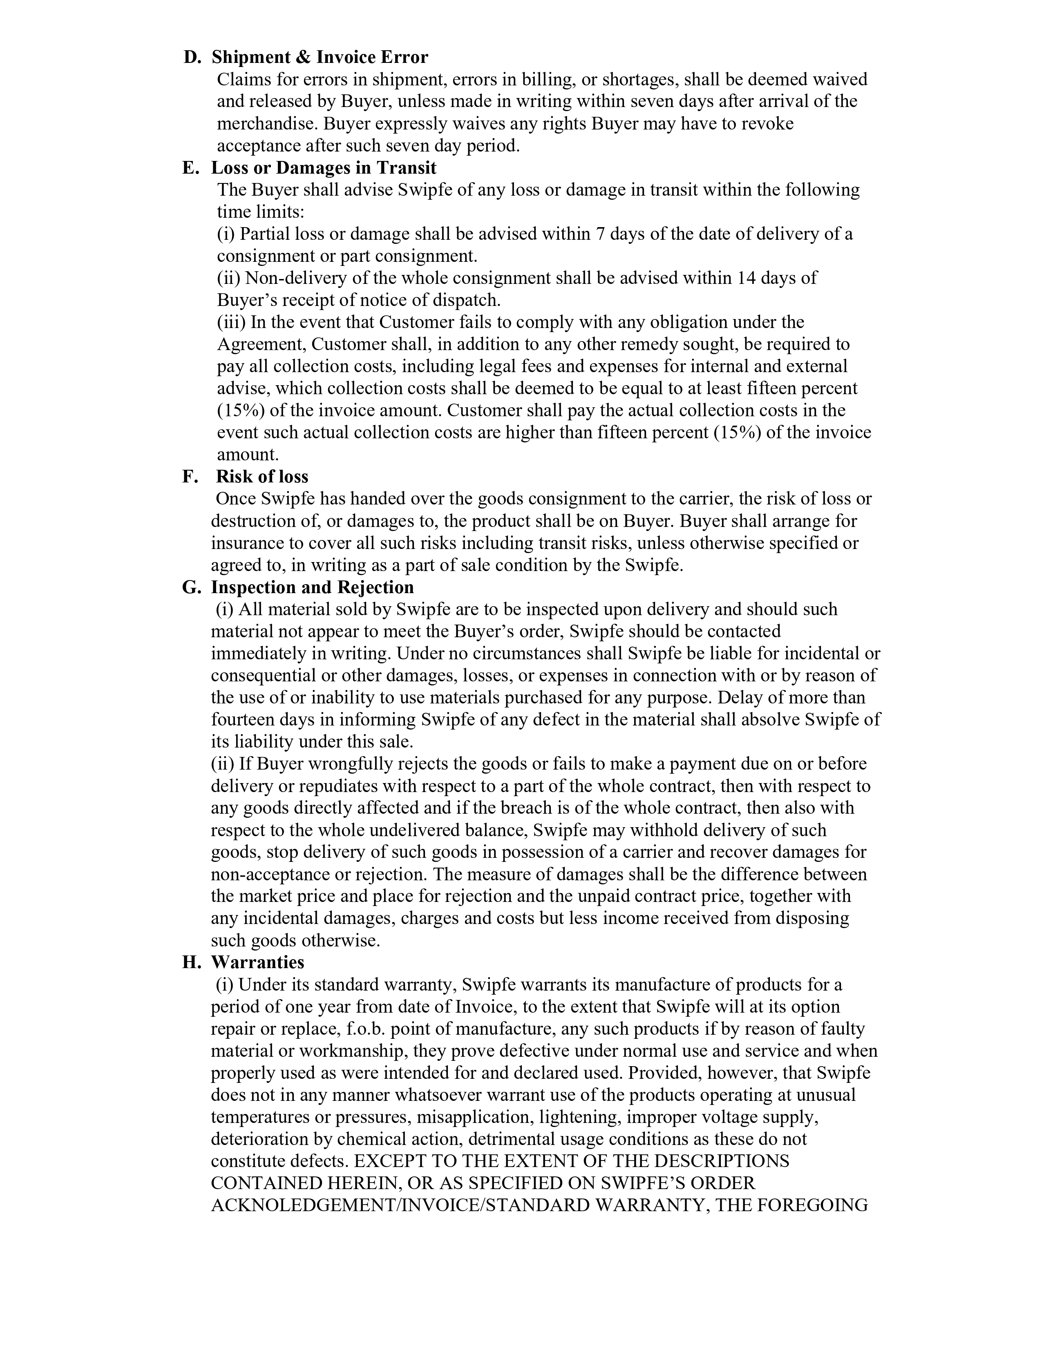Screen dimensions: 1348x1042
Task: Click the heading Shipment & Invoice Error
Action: (320, 58)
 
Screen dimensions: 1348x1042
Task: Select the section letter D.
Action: (192, 58)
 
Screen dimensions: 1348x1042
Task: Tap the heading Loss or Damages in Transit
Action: (324, 168)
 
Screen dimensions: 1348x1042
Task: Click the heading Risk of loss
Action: (262, 476)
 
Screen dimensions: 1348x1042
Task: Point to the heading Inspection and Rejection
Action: (312, 587)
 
